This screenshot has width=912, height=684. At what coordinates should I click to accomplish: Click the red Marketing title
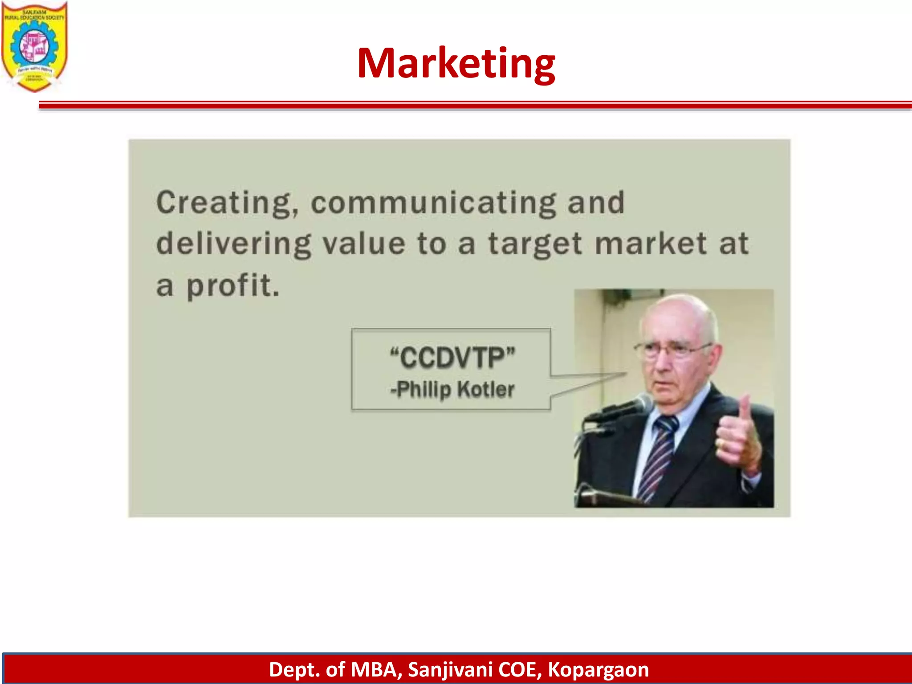pos(456,63)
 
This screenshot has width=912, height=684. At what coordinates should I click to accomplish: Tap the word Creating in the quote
pos(228,203)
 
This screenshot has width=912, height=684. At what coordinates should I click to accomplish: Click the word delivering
pos(234,244)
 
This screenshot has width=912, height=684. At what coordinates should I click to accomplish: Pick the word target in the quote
pos(535,244)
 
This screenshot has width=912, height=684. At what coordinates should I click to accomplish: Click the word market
pos(651,244)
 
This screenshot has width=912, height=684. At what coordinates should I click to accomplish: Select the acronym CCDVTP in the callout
pos(452,358)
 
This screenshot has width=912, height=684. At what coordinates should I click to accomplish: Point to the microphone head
pos(641,403)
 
